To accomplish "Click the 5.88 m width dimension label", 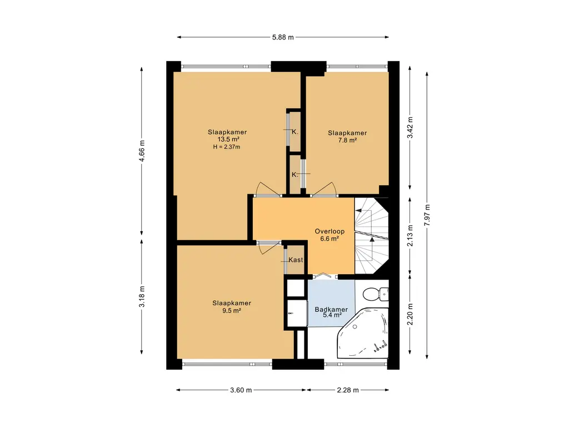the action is (x=283, y=37).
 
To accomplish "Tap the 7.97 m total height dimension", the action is (x=427, y=215).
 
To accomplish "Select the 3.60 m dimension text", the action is (x=241, y=390).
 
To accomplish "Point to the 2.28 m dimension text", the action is (x=348, y=390).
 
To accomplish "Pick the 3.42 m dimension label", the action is (x=410, y=127).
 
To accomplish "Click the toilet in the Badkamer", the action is (x=376, y=294).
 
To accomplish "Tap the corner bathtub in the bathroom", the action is (x=363, y=333).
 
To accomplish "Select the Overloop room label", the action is (x=330, y=231).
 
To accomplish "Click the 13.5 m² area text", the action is (x=228, y=140).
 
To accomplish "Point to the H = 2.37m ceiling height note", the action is (x=227, y=147).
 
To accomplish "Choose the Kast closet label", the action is (x=296, y=260).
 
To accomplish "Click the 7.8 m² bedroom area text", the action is (x=347, y=140).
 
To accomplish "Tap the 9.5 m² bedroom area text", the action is (x=232, y=310).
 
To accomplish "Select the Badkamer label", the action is (x=331, y=310).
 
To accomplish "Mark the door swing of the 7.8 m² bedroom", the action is (x=325, y=189).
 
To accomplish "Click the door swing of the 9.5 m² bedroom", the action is (x=268, y=247).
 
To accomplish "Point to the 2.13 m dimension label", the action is (x=410, y=236).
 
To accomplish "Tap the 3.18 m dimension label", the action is (x=142, y=297).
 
